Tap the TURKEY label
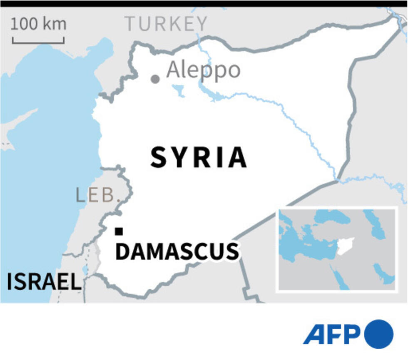pyautogui.click(x=166, y=24)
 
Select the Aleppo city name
pyautogui.click(x=203, y=70)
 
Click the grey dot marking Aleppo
pyautogui.click(x=155, y=79)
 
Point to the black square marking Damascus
pyautogui.click(x=119, y=231)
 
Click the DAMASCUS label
pyautogui.click(x=177, y=252)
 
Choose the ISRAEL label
pyautogui.click(x=44, y=282)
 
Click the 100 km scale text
pyautogui.click(x=38, y=24)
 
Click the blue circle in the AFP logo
pyautogui.click(x=378, y=334)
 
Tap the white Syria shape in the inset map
pyautogui.click(x=346, y=246)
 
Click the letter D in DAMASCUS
pyautogui.click(x=122, y=252)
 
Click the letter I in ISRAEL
pyautogui.click(x=10, y=282)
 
